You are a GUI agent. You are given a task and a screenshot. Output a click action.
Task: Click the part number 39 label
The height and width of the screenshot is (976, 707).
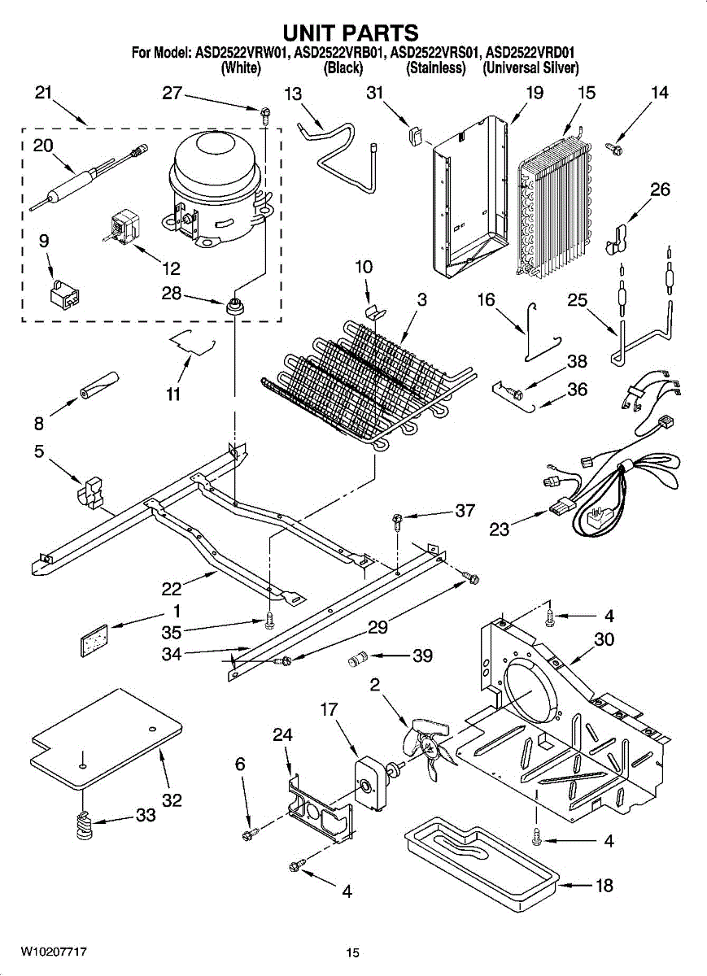pyautogui.click(x=422, y=656)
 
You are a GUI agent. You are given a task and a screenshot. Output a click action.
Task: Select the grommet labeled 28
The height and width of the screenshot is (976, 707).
pyautogui.click(x=234, y=307)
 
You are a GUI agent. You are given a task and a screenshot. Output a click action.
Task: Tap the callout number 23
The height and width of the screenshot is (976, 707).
pyautogui.click(x=500, y=529)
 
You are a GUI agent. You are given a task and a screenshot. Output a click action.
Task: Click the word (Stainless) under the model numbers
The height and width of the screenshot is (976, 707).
pyautogui.click(x=435, y=68)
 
